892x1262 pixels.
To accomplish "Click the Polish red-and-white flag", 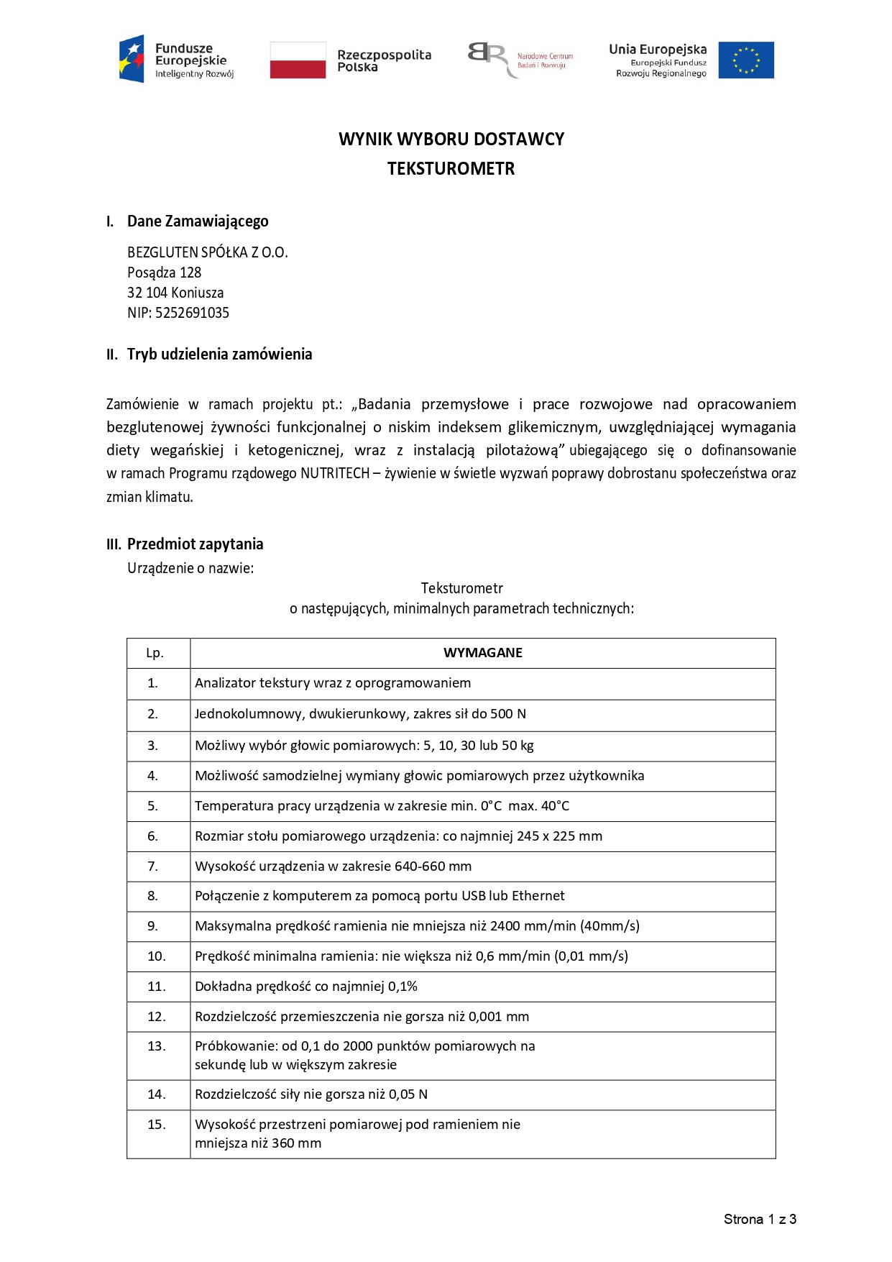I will pos(298,60).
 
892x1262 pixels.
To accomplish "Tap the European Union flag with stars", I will pos(746,60).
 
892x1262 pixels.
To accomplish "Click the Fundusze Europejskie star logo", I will pos(132,59).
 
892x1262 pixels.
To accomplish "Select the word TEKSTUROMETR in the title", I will pos(451,169).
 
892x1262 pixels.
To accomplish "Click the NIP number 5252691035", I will pos(192,313).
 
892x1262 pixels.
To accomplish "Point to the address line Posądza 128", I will pos(164,273).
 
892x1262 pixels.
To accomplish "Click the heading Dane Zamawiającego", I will pos(198,221).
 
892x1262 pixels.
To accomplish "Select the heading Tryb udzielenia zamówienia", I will pos(219,354).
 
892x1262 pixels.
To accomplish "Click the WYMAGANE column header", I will pos(482,653).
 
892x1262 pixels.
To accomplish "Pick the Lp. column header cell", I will pos(155,653).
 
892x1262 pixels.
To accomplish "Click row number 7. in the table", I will pos(153,867).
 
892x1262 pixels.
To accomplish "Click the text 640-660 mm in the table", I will pos(433,867).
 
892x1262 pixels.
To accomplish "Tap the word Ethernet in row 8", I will pos(538,896).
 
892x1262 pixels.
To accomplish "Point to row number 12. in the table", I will pos(157,1017).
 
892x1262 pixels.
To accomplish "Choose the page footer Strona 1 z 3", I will pos(759,1219).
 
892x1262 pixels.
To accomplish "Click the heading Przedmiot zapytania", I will pos(195,544).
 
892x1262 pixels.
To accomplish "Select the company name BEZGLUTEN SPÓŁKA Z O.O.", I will pos(207,252).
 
